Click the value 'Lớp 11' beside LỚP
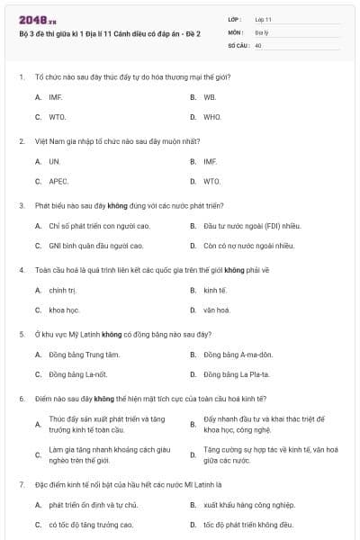[x=263, y=18]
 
